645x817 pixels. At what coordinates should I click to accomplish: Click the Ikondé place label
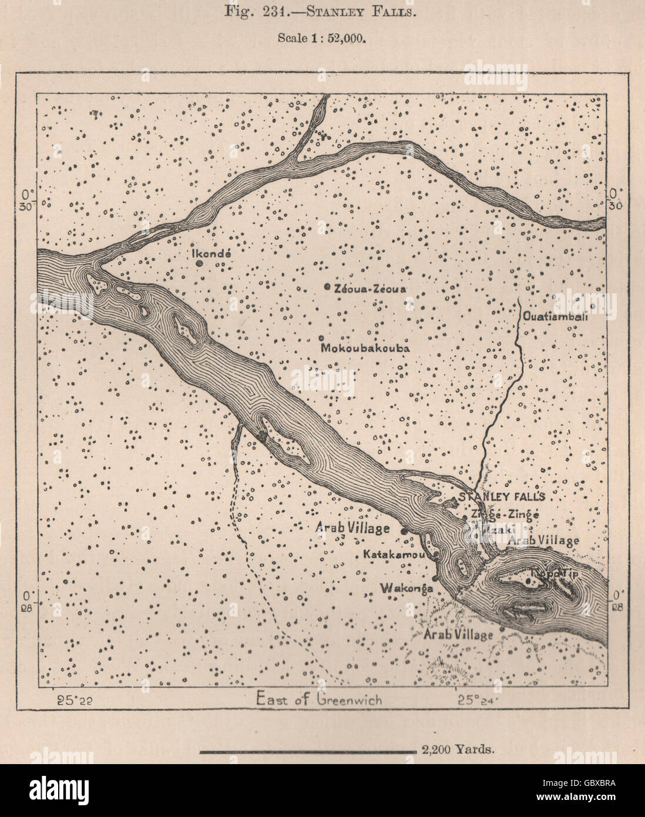point(213,254)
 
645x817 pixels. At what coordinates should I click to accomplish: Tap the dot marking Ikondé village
point(200,264)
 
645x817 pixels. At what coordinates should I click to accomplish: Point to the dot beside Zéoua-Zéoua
point(327,287)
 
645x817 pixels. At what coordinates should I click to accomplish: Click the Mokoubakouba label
point(365,348)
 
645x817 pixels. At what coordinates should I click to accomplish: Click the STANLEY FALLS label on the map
point(502,497)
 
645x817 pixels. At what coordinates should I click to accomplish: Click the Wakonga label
point(407,588)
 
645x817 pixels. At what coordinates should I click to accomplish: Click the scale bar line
point(308,751)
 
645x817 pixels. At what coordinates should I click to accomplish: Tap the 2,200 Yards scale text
point(458,749)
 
